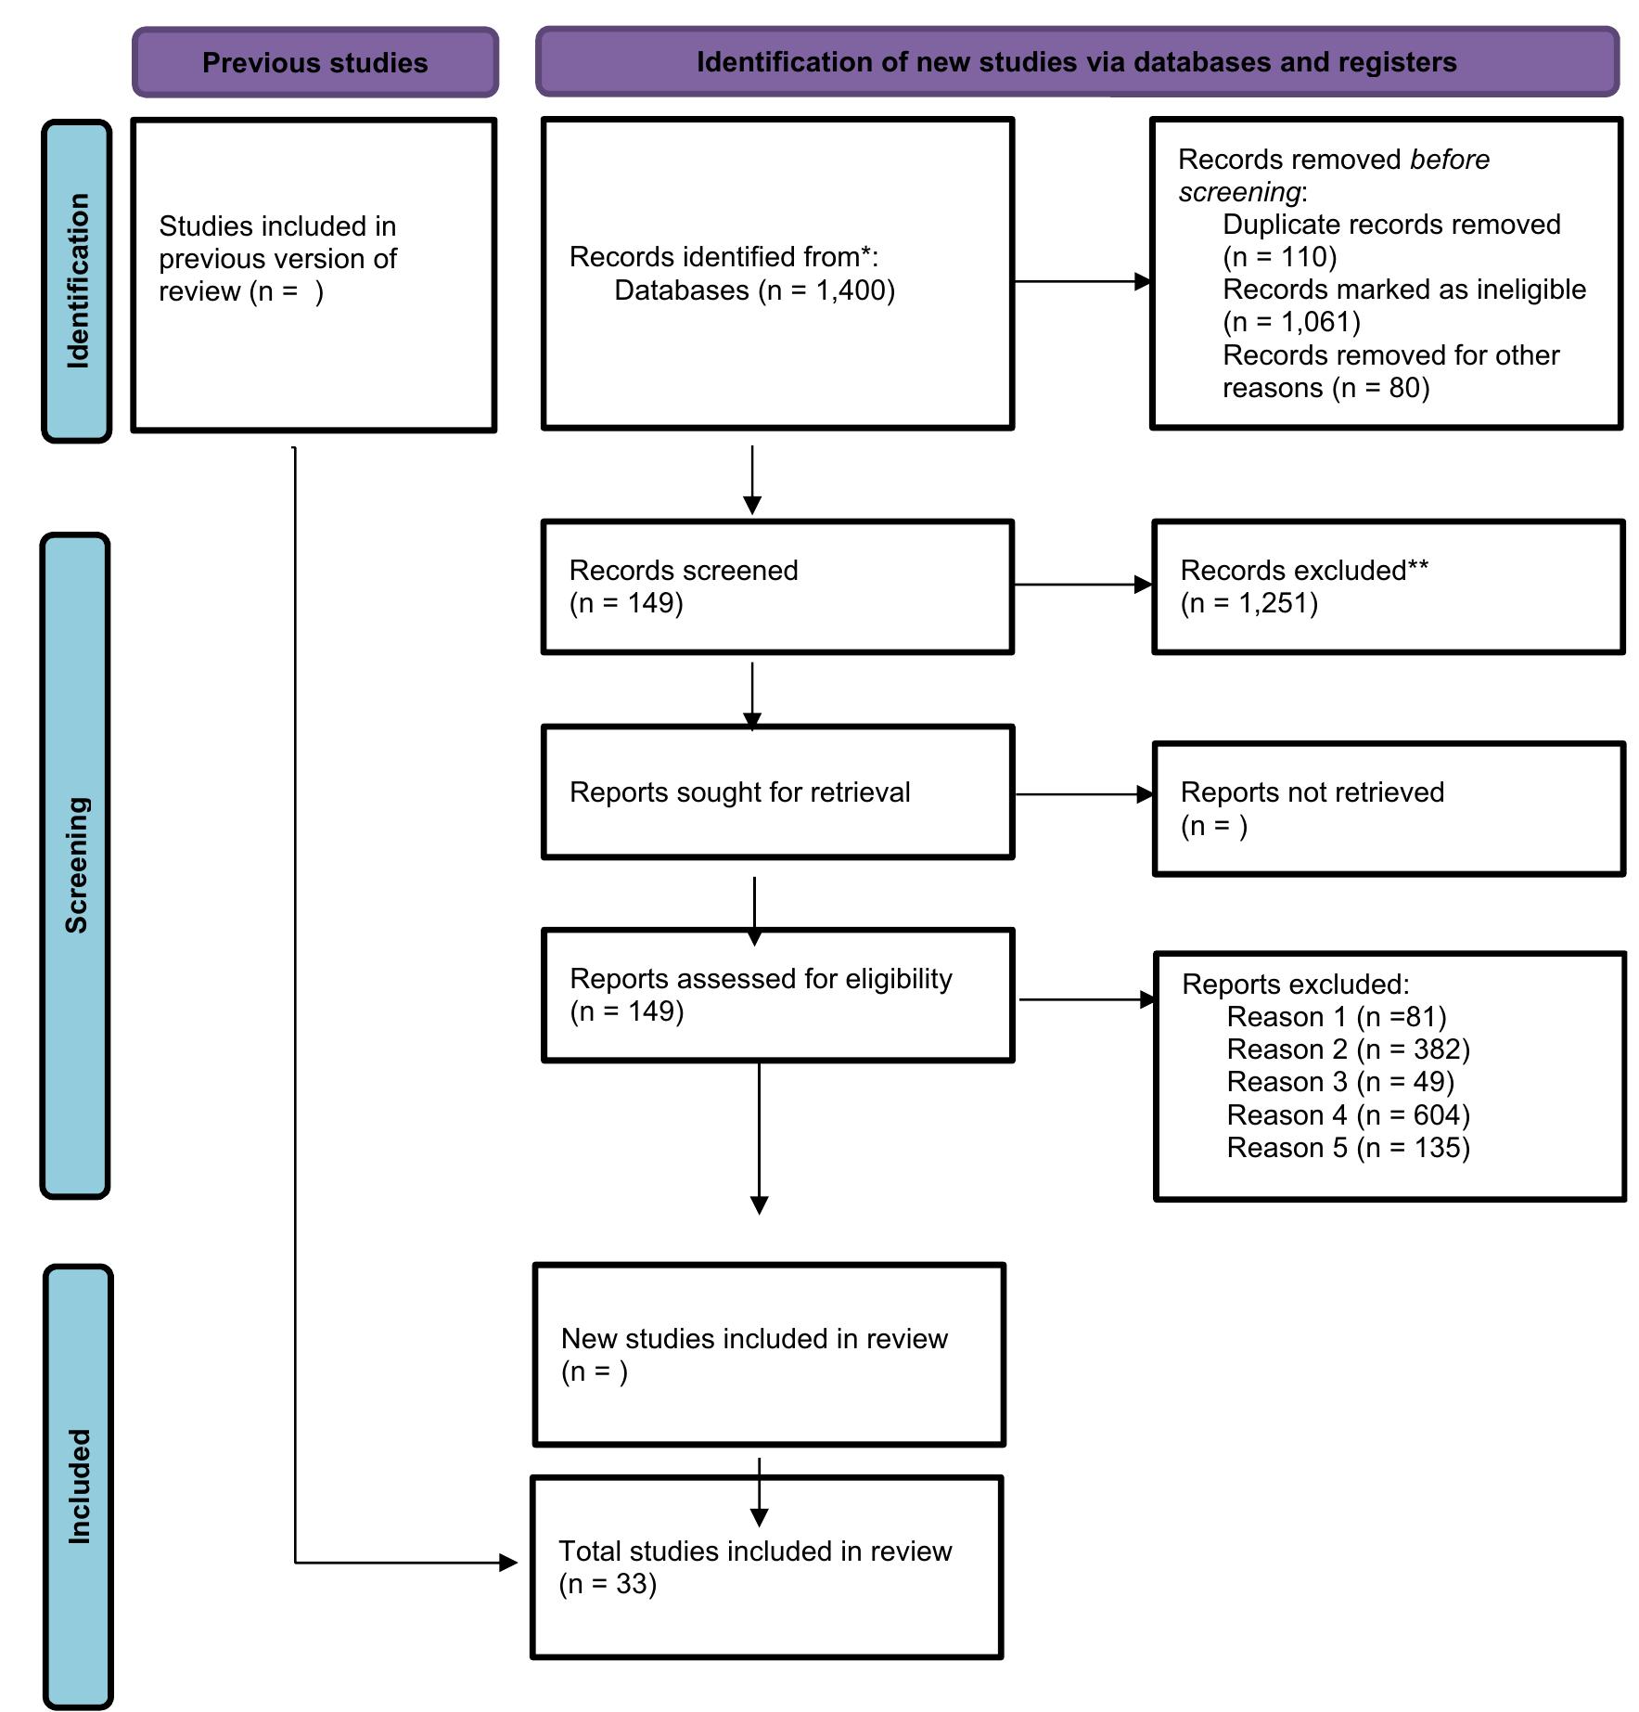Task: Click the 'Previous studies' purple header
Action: (x=314, y=62)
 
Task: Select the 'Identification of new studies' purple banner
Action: (x=1076, y=62)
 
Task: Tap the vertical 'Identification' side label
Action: (x=78, y=280)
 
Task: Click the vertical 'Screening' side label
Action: (x=76, y=865)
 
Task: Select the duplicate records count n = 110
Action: (x=1280, y=257)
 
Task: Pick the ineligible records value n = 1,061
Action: (x=1291, y=322)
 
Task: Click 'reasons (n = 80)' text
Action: (x=1325, y=388)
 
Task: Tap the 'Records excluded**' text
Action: (x=1303, y=571)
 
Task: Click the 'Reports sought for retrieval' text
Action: (x=739, y=792)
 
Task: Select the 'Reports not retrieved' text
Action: (x=1312, y=792)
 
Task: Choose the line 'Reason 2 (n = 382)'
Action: (x=1348, y=1049)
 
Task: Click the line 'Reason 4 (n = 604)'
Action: (x=1348, y=1114)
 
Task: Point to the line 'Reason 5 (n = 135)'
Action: (x=1348, y=1148)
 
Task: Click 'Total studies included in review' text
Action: (x=754, y=1551)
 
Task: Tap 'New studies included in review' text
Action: (x=753, y=1339)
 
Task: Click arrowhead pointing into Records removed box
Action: (x=1143, y=281)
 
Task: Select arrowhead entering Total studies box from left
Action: (x=508, y=1563)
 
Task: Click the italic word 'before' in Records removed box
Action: (x=1449, y=160)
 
